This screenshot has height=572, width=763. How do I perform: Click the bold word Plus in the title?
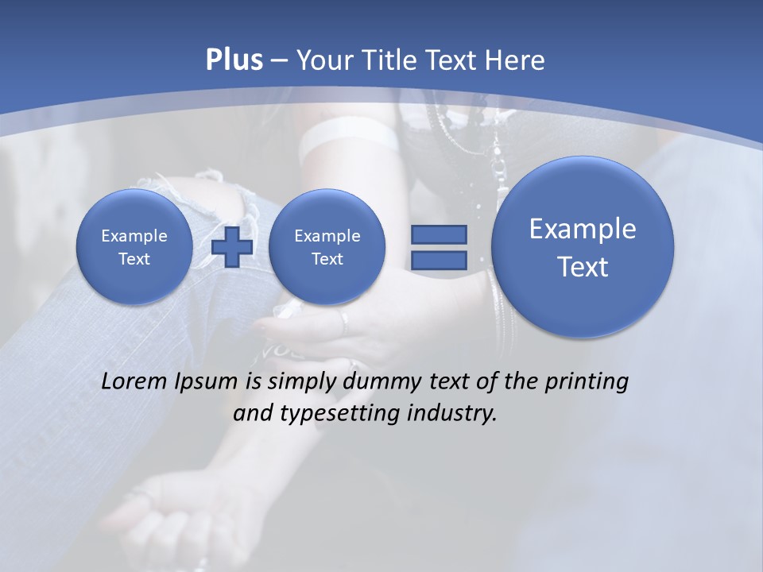point(234,60)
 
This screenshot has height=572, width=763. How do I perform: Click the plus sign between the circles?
point(232,247)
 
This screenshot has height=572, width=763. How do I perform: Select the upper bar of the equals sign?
point(438,234)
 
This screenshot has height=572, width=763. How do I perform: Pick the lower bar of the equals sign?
point(438,260)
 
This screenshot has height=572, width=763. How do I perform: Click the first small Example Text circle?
point(134,247)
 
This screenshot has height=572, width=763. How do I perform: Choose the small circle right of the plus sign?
point(327,247)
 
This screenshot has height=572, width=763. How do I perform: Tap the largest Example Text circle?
point(583,247)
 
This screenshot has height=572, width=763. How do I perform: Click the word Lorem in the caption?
point(134,381)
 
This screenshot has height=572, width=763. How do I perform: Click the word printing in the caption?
point(587,382)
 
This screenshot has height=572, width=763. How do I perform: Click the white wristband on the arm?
point(350,137)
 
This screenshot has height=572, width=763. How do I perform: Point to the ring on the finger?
point(344,321)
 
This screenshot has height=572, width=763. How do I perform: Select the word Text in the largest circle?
point(583,267)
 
